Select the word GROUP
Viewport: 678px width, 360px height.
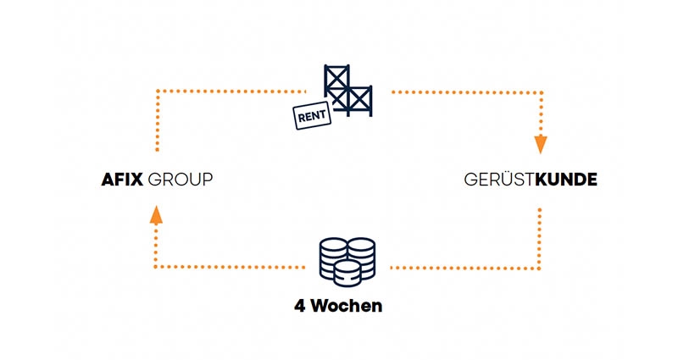[180, 180]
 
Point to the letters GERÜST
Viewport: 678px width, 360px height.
[499, 180]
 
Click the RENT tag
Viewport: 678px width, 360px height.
[311, 117]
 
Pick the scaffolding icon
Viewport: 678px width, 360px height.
[348, 88]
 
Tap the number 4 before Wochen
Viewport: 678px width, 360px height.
[299, 306]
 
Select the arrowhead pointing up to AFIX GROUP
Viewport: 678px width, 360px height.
[156, 216]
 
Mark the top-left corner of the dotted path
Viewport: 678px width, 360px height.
[157, 89]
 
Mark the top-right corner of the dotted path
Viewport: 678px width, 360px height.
[539, 89]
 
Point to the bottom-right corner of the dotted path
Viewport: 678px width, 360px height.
[539, 268]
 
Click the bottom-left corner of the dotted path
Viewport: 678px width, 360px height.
[157, 268]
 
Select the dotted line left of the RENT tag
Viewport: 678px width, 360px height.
[229, 89]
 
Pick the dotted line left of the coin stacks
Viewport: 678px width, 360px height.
[229, 268]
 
